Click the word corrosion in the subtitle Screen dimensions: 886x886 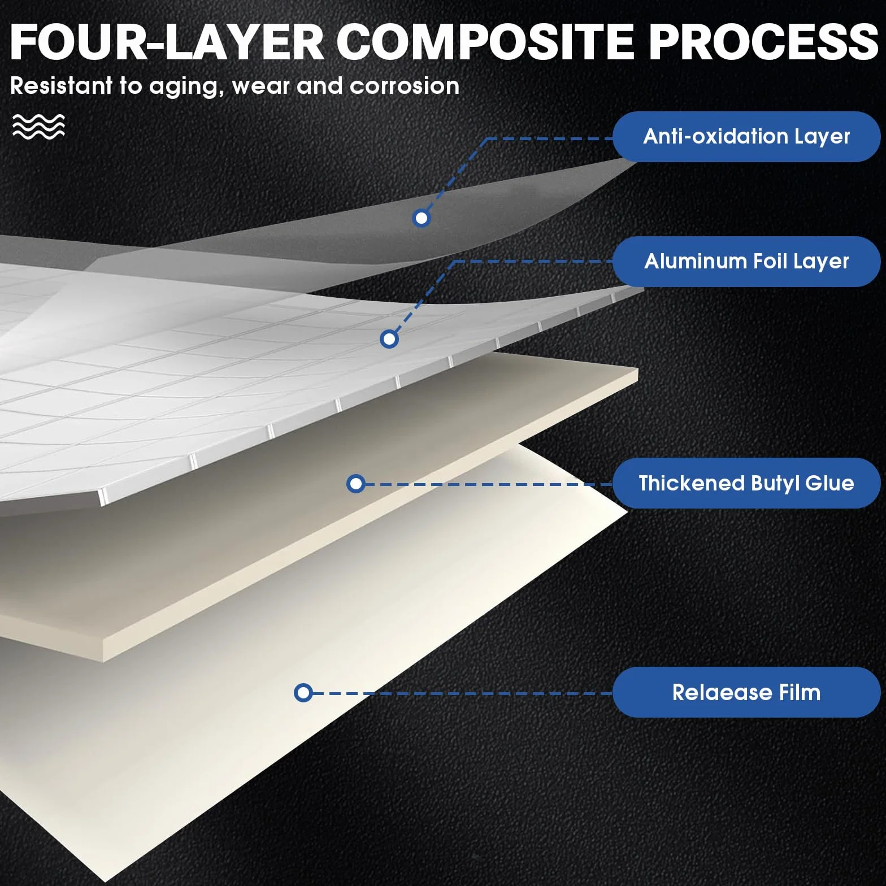coord(405,86)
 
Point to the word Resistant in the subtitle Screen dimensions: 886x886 coord(62,86)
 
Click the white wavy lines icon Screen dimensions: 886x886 coord(38,126)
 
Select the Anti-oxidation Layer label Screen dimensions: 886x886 coord(746,137)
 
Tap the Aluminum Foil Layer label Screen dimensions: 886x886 coord(746,262)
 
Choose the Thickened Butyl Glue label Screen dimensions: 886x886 coord(746,483)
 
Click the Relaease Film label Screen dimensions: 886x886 coord(746,692)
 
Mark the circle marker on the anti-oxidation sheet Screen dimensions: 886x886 coord(422,218)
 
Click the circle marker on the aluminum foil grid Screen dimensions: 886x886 coord(389,339)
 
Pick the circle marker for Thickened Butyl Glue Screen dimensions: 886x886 coord(356,484)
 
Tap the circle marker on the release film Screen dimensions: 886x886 coord(303,693)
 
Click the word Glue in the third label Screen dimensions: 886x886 coord(830,483)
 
